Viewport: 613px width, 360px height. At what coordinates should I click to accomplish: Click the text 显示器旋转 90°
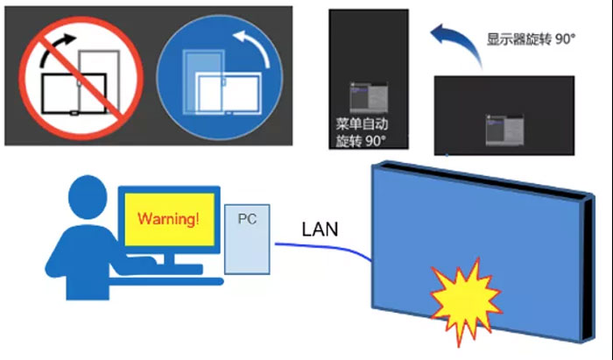[531, 39]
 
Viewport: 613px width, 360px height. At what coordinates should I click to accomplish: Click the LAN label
[321, 229]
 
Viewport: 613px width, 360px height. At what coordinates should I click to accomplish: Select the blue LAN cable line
[333, 249]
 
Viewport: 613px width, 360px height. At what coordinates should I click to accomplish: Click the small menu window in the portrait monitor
[366, 95]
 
